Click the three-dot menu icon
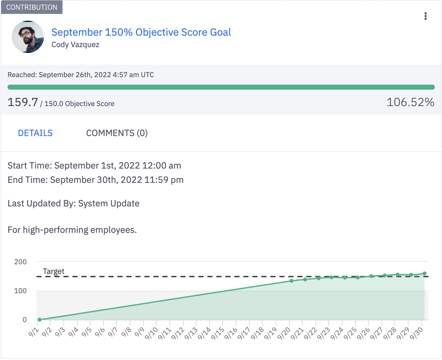point(425,16)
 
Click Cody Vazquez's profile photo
point(28,37)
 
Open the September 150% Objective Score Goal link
point(141,32)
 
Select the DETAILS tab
point(35,133)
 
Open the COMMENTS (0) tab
point(117,133)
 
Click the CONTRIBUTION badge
point(31,7)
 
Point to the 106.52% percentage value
point(410,102)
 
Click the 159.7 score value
point(23,102)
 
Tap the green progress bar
point(221,87)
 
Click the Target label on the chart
point(54,271)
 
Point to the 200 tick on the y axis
point(20,262)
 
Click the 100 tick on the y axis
point(20,291)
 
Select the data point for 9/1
point(40,320)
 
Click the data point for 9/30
point(425,274)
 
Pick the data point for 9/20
point(292,281)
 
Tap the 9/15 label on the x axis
point(217,333)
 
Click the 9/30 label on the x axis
point(417,333)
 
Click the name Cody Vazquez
point(75,45)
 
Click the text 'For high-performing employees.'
point(72,230)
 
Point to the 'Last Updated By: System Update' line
point(74,203)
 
